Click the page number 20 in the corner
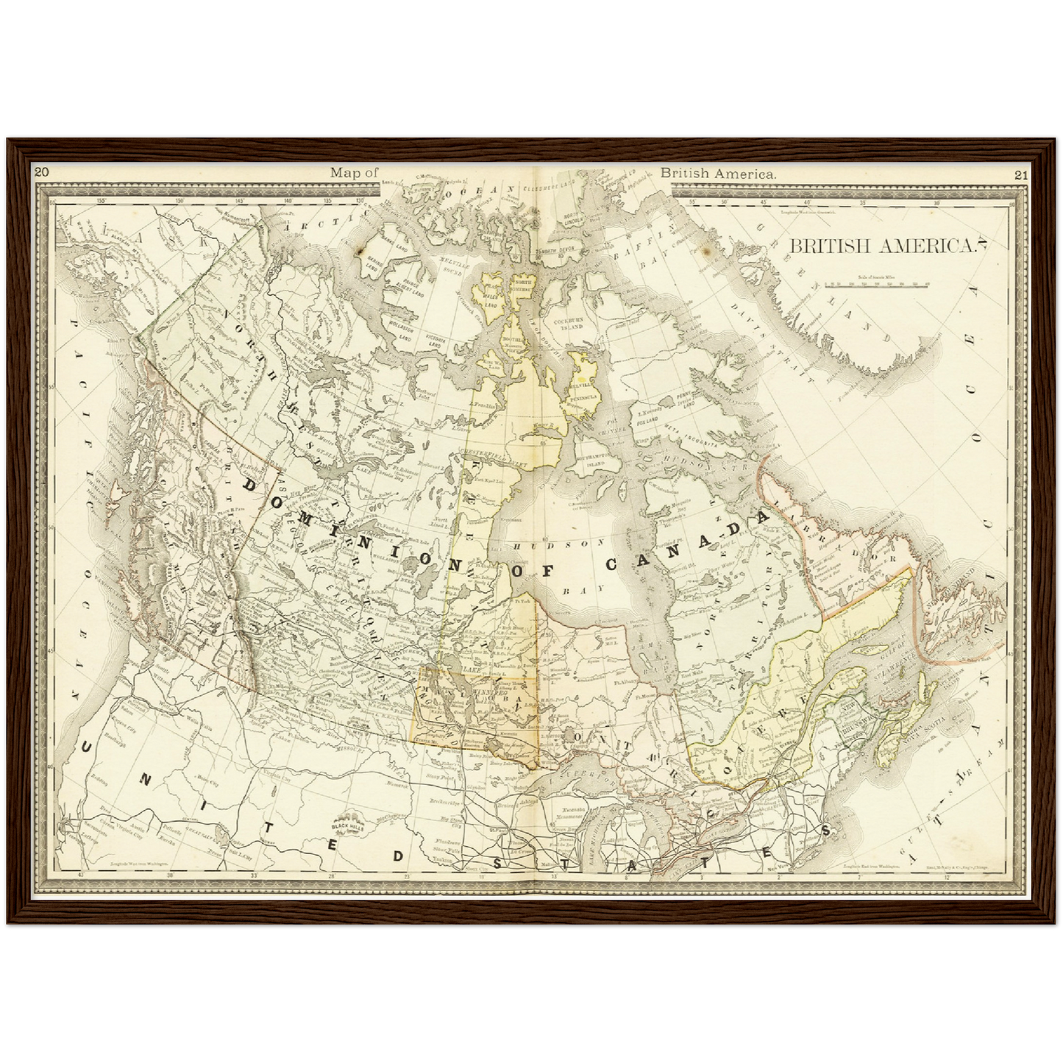pyautogui.click(x=41, y=172)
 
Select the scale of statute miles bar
pyautogui.click(x=876, y=282)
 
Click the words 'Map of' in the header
pyautogui.click(x=354, y=173)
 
